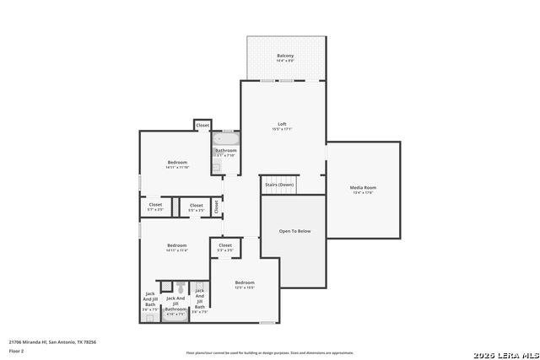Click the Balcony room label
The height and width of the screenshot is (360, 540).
click(285, 56)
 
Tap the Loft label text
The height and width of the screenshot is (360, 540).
click(281, 124)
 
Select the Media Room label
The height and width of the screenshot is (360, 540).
click(363, 187)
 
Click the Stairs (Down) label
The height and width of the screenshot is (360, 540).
click(279, 185)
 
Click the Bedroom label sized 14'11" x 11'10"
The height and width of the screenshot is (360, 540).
click(177, 162)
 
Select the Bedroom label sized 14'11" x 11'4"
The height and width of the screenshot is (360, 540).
click(177, 244)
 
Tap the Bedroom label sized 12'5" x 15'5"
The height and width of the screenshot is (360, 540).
click(245, 282)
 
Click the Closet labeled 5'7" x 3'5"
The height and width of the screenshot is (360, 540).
click(155, 204)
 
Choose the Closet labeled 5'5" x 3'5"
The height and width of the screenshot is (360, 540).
click(196, 205)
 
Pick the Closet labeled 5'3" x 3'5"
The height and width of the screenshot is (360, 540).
click(225, 245)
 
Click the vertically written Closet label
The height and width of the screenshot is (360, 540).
click(216, 205)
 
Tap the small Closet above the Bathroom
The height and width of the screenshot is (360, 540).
click(202, 126)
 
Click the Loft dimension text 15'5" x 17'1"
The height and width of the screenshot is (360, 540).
click(281, 129)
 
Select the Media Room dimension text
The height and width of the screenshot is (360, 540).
click(363, 192)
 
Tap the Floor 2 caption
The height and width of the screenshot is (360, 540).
click(16, 351)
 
